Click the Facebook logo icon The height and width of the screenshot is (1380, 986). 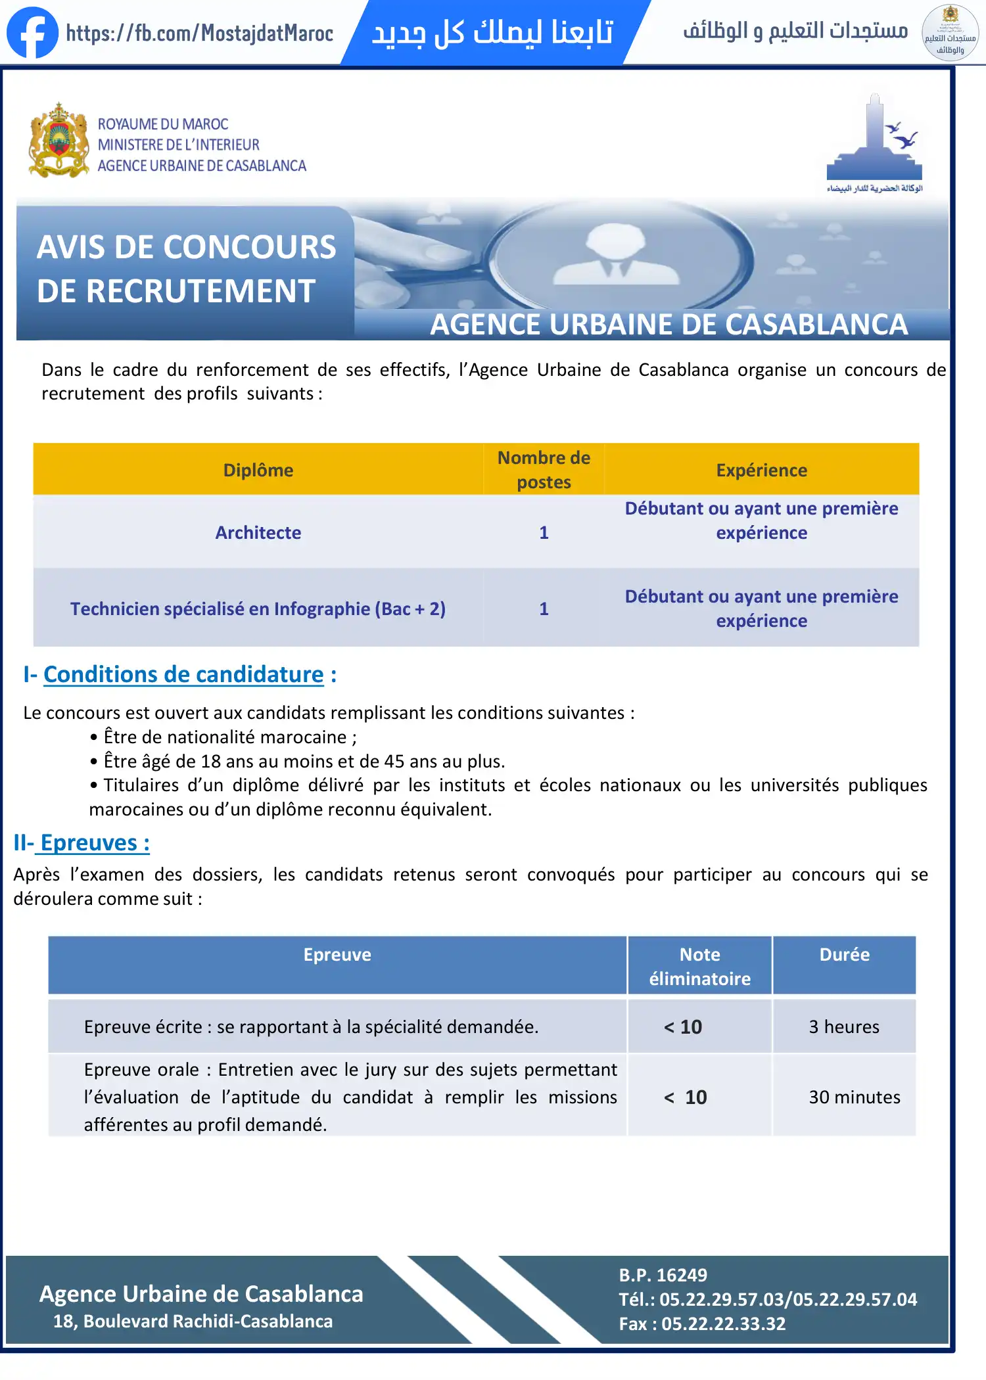pyautogui.click(x=32, y=32)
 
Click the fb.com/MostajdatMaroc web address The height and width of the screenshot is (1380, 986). pyautogui.click(x=200, y=33)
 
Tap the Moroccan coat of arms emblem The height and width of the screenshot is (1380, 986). pyautogui.click(x=59, y=141)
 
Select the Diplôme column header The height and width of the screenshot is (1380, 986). pyautogui.click(x=258, y=470)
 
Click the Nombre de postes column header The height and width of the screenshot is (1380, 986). pyautogui.click(x=544, y=469)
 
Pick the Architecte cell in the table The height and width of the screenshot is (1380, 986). pyautogui.click(x=258, y=532)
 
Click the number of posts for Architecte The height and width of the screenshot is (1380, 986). pyautogui.click(x=544, y=532)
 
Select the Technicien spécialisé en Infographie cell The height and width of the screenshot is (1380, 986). pyautogui.click(x=258, y=609)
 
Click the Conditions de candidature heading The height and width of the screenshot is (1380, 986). pyautogui.click(x=183, y=674)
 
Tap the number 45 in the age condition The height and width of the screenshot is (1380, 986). pyautogui.click(x=394, y=761)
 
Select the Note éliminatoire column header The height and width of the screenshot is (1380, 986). pyautogui.click(x=699, y=966)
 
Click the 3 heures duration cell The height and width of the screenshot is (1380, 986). pyautogui.click(x=844, y=1026)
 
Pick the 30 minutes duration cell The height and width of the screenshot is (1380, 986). pyautogui.click(x=854, y=1097)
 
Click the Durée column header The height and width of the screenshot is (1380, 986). pyautogui.click(x=844, y=955)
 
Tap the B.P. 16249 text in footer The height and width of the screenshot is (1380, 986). pyautogui.click(x=663, y=1275)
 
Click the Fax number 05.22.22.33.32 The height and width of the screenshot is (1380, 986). pyautogui.click(x=723, y=1323)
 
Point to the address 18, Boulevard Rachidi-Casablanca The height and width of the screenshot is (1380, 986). pyautogui.click(x=193, y=1321)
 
